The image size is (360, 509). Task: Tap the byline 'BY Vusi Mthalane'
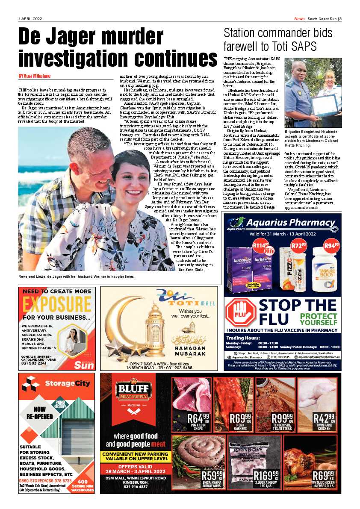coord(34,76)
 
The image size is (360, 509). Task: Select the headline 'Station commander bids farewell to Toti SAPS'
coord(278,39)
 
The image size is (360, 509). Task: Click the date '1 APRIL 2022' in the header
coord(30,19)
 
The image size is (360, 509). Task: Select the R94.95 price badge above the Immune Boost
coord(332,246)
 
